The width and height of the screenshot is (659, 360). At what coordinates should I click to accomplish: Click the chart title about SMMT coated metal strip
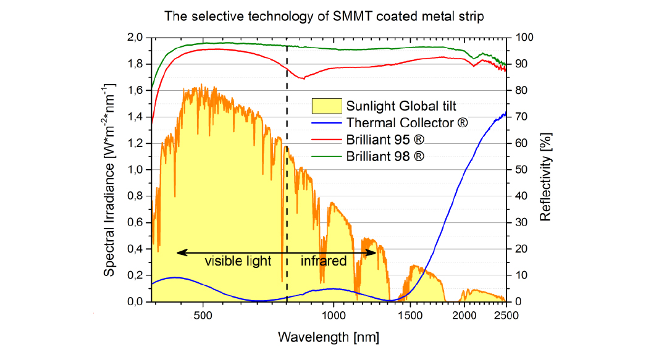pyautogui.click(x=324, y=17)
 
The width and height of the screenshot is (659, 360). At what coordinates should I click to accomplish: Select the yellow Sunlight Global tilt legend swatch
pyautogui.click(x=327, y=105)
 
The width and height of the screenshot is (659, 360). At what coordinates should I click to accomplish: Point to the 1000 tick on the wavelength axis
pyautogui.click(x=334, y=314)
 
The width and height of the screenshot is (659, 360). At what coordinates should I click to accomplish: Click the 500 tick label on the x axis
pyautogui.click(x=203, y=314)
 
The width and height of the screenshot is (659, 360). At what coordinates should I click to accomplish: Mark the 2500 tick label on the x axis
pyautogui.click(x=506, y=314)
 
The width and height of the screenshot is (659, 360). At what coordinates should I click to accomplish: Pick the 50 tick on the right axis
pyautogui.click(x=518, y=170)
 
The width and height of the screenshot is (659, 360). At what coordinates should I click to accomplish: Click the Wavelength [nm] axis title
pyautogui.click(x=329, y=337)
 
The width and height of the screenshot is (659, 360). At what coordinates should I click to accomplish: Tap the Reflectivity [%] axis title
pyautogui.click(x=546, y=170)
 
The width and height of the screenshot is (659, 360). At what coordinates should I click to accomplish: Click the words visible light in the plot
pyautogui.click(x=238, y=261)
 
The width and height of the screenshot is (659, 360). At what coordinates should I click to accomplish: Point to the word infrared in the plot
pyautogui.click(x=324, y=261)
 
